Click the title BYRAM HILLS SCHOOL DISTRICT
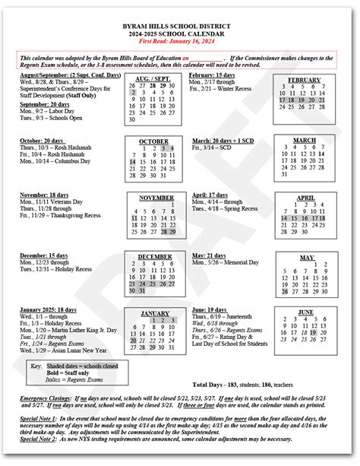click(x=180, y=26)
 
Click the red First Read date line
click(x=180, y=43)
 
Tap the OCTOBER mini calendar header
click(x=153, y=142)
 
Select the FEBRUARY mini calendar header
click(x=305, y=80)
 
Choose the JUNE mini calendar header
click(x=305, y=312)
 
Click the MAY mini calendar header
click(x=306, y=258)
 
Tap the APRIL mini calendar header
click(x=305, y=198)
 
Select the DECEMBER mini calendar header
click(x=154, y=257)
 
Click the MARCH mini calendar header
click(x=305, y=141)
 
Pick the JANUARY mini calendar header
click(x=154, y=313)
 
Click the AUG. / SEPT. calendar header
click(x=152, y=79)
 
